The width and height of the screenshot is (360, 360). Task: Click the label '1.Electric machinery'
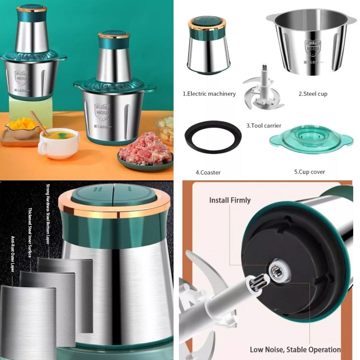[209, 94]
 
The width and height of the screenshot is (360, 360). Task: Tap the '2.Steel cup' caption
[313, 94]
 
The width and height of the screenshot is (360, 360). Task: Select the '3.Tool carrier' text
[264, 126]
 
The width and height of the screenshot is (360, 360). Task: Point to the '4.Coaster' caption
[208, 172]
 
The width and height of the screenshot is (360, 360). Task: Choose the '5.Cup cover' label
[310, 172]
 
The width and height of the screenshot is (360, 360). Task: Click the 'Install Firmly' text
[230, 200]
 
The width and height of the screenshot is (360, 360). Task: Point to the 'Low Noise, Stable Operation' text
[295, 349]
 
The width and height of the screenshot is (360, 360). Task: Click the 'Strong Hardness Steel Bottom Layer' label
[48, 220]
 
